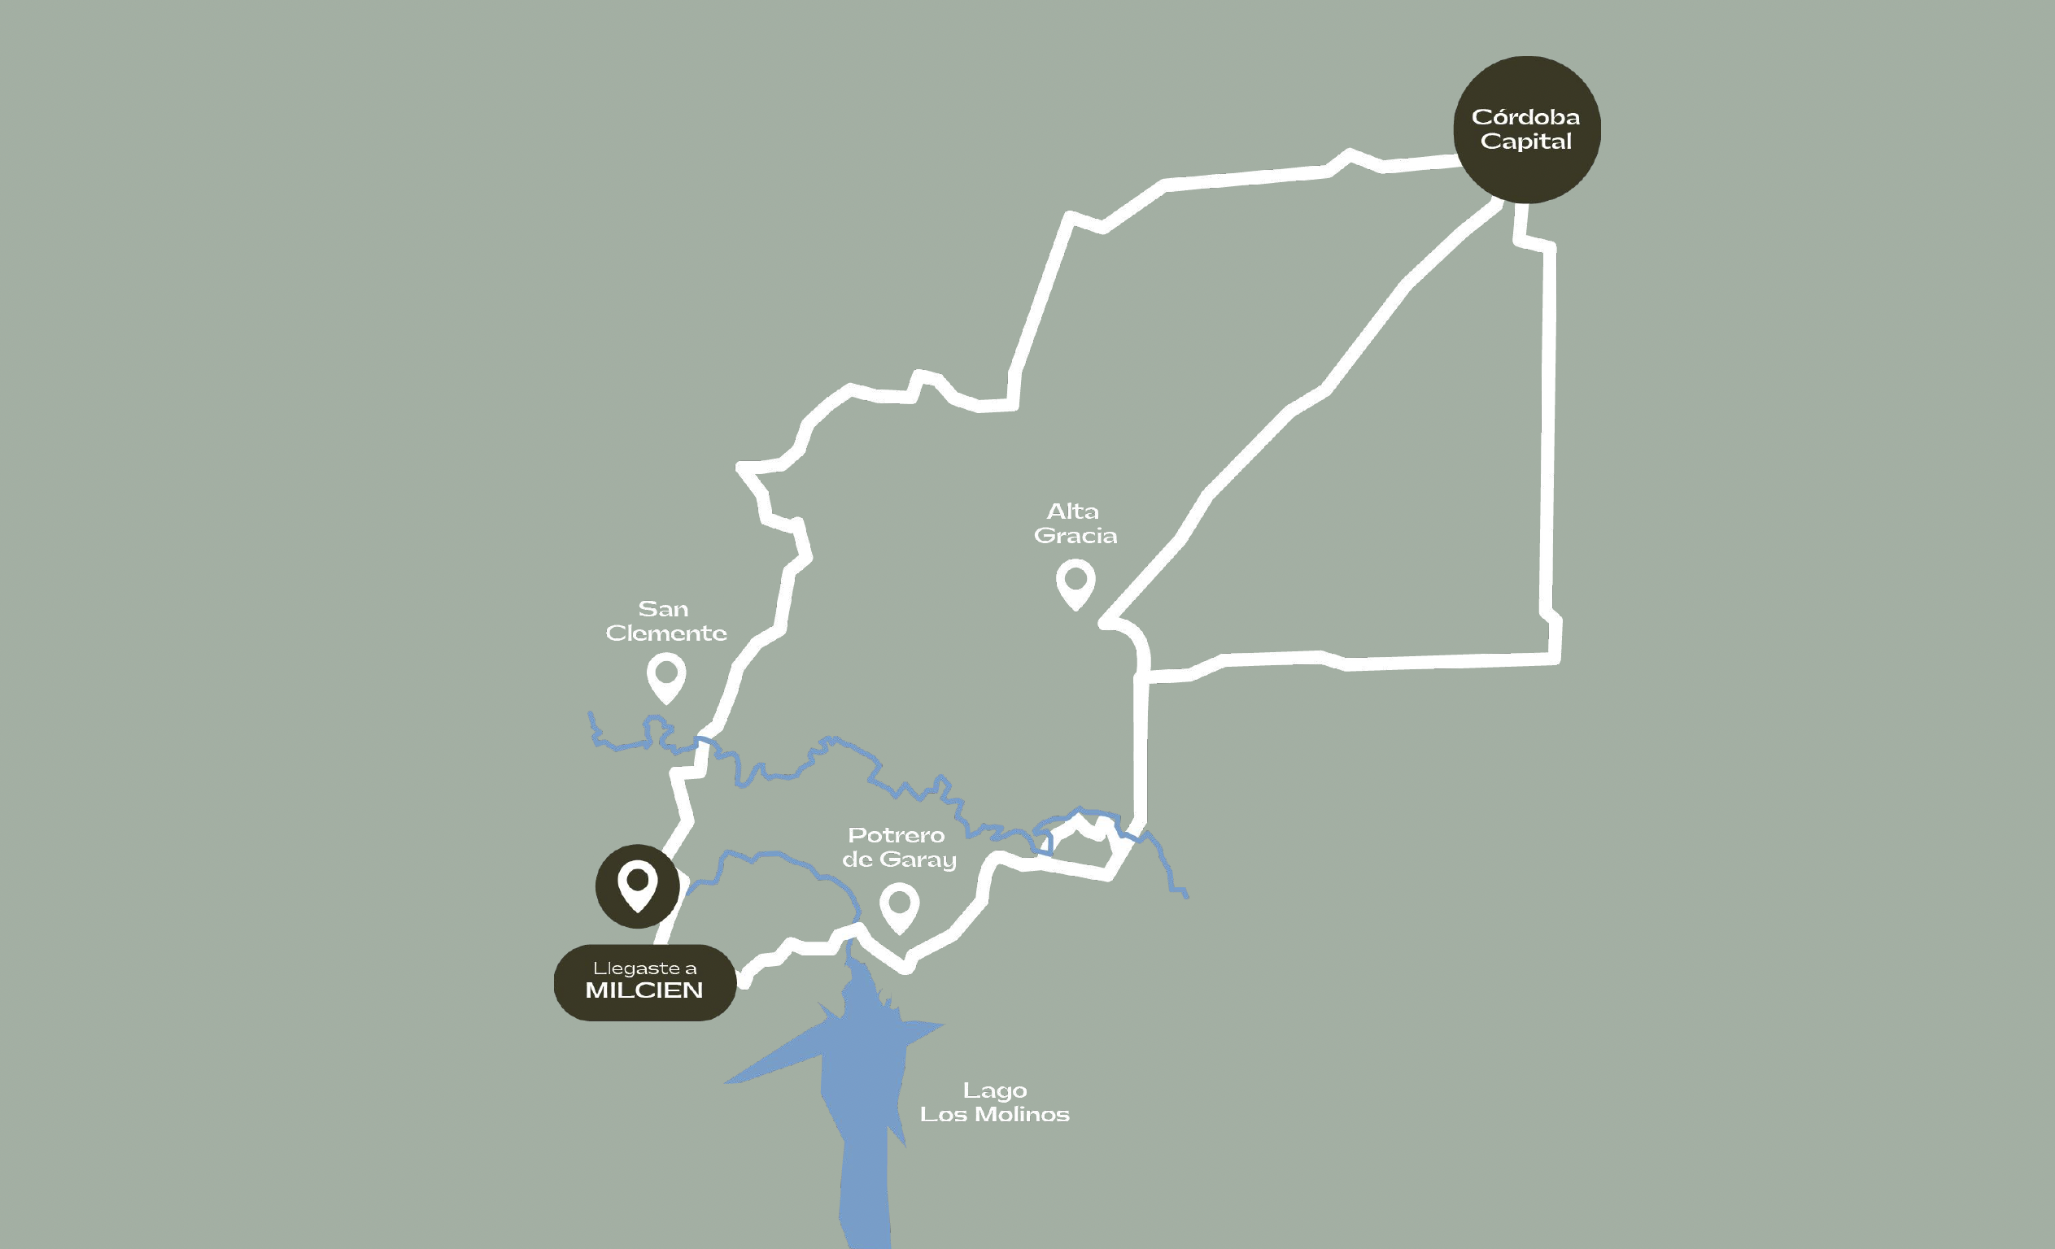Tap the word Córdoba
[x=1525, y=117]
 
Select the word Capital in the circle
[x=1525, y=141]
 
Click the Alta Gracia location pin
[x=1075, y=583]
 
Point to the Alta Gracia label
[x=1075, y=523]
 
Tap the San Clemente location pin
[x=666, y=677]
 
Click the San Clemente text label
[x=665, y=621]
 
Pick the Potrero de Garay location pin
[x=899, y=907]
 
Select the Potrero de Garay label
[x=898, y=847]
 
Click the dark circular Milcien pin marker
[x=637, y=886]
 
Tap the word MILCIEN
[x=644, y=990]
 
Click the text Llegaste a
[x=644, y=968]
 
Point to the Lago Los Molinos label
[x=994, y=1103]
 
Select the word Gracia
[x=1075, y=535]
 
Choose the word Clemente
[x=665, y=633]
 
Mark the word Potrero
[x=896, y=834]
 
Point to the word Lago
[x=994, y=1090]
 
